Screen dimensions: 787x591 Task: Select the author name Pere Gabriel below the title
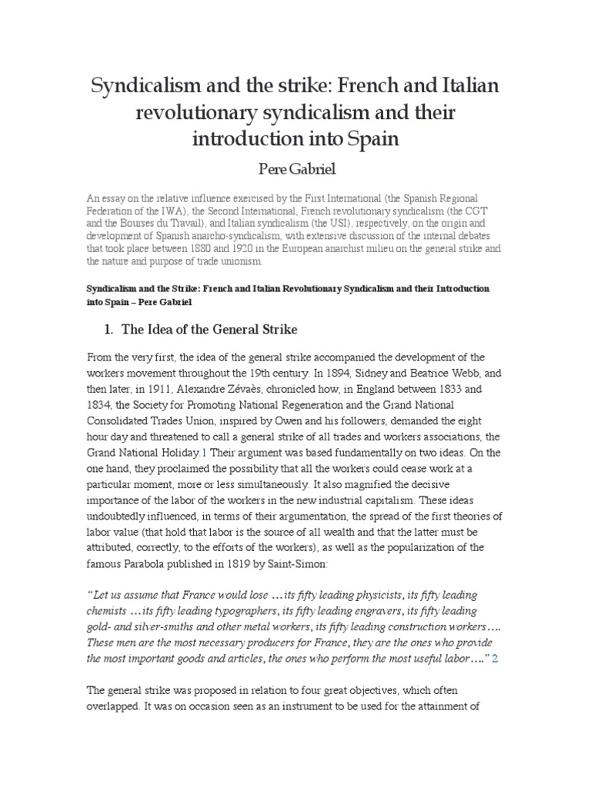295,169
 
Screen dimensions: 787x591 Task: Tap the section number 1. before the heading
109,329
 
